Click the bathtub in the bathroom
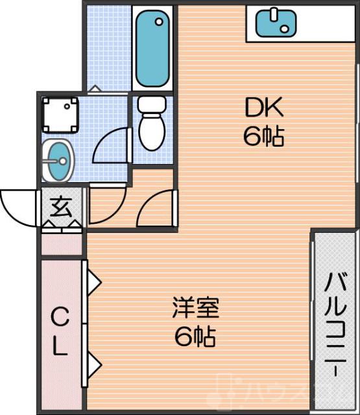153,49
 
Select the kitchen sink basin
276,23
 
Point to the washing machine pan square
60,114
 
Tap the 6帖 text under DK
263,136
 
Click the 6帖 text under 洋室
195,337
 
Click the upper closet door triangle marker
94,283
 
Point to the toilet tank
152,104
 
